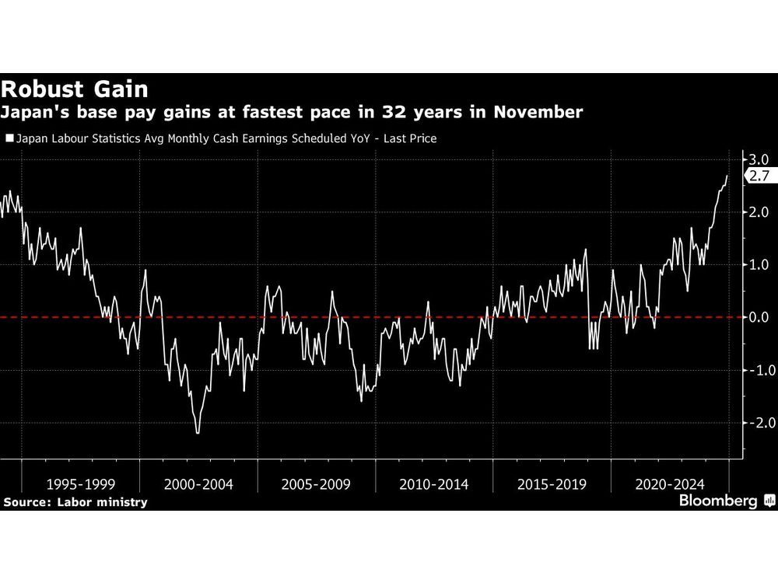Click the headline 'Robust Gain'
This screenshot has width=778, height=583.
[x=75, y=88]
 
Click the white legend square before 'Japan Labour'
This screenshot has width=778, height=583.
[x=9, y=139]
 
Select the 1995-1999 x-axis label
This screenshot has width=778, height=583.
[x=81, y=484]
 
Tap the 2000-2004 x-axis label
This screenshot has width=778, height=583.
[x=198, y=484]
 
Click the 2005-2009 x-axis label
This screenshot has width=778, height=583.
[x=316, y=484]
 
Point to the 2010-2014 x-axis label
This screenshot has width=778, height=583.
[x=434, y=484]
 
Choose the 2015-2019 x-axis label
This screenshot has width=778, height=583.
[x=552, y=484]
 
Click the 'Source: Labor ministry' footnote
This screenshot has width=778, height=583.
[x=75, y=502]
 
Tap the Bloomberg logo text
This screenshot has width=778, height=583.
[x=718, y=501]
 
